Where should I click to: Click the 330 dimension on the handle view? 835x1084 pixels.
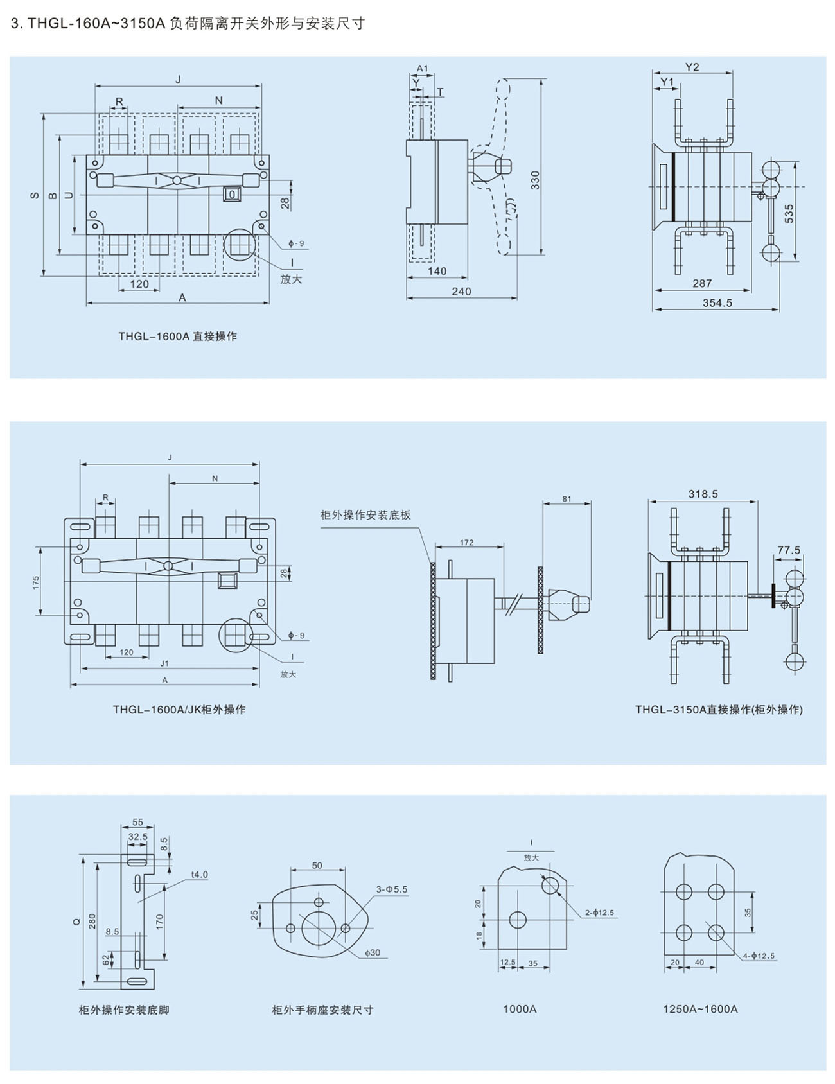(x=535, y=180)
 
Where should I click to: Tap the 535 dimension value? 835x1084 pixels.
(x=789, y=214)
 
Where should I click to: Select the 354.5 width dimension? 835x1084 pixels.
(x=717, y=302)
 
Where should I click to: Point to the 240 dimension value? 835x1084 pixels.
(x=461, y=292)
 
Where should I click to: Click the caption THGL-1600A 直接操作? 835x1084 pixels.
(x=177, y=336)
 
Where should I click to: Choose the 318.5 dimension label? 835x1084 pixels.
(x=703, y=494)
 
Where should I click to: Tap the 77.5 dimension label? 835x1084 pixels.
(x=789, y=550)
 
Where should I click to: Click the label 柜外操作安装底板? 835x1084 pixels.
(x=365, y=515)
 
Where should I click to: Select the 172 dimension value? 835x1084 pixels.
(x=467, y=543)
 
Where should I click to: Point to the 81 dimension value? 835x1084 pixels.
(x=567, y=498)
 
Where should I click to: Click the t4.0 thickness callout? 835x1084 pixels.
(x=199, y=875)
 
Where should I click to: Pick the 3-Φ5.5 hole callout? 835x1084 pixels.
(x=392, y=889)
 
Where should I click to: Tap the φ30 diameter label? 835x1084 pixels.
(x=373, y=952)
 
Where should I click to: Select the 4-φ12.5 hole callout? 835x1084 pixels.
(x=759, y=956)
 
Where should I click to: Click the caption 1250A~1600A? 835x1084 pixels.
(x=700, y=1009)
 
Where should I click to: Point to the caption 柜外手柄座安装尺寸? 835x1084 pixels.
(x=322, y=1010)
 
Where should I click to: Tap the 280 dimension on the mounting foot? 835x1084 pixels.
(x=92, y=921)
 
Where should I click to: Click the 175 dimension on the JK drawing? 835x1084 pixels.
(x=36, y=582)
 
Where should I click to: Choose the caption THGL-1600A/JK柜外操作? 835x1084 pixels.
(x=179, y=710)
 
